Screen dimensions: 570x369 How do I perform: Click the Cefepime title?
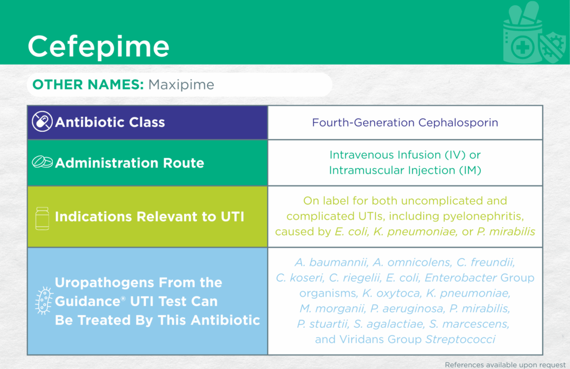[99, 46]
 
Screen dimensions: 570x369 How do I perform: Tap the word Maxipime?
[181, 85]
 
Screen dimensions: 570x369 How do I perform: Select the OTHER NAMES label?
[88, 85]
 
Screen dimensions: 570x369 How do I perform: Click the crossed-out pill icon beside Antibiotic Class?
[42, 121]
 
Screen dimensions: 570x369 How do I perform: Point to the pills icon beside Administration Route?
[42, 162]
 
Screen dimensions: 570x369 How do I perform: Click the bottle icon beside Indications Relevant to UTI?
[42, 219]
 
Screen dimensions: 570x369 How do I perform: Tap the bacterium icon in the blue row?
[44, 301]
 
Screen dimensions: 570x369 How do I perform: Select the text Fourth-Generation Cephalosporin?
[405, 122]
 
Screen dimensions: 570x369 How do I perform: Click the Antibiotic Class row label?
[110, 122]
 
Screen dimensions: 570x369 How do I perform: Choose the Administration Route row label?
[129, 163]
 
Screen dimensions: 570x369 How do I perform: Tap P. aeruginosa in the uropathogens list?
[407, 309]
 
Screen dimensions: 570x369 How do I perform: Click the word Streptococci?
[460, 339]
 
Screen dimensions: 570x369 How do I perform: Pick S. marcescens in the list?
[469, 324]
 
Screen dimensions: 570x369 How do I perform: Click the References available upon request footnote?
[505, 365]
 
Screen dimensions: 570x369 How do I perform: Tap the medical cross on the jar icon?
[522, 47]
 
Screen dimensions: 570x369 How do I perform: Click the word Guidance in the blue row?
[87, 302]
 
